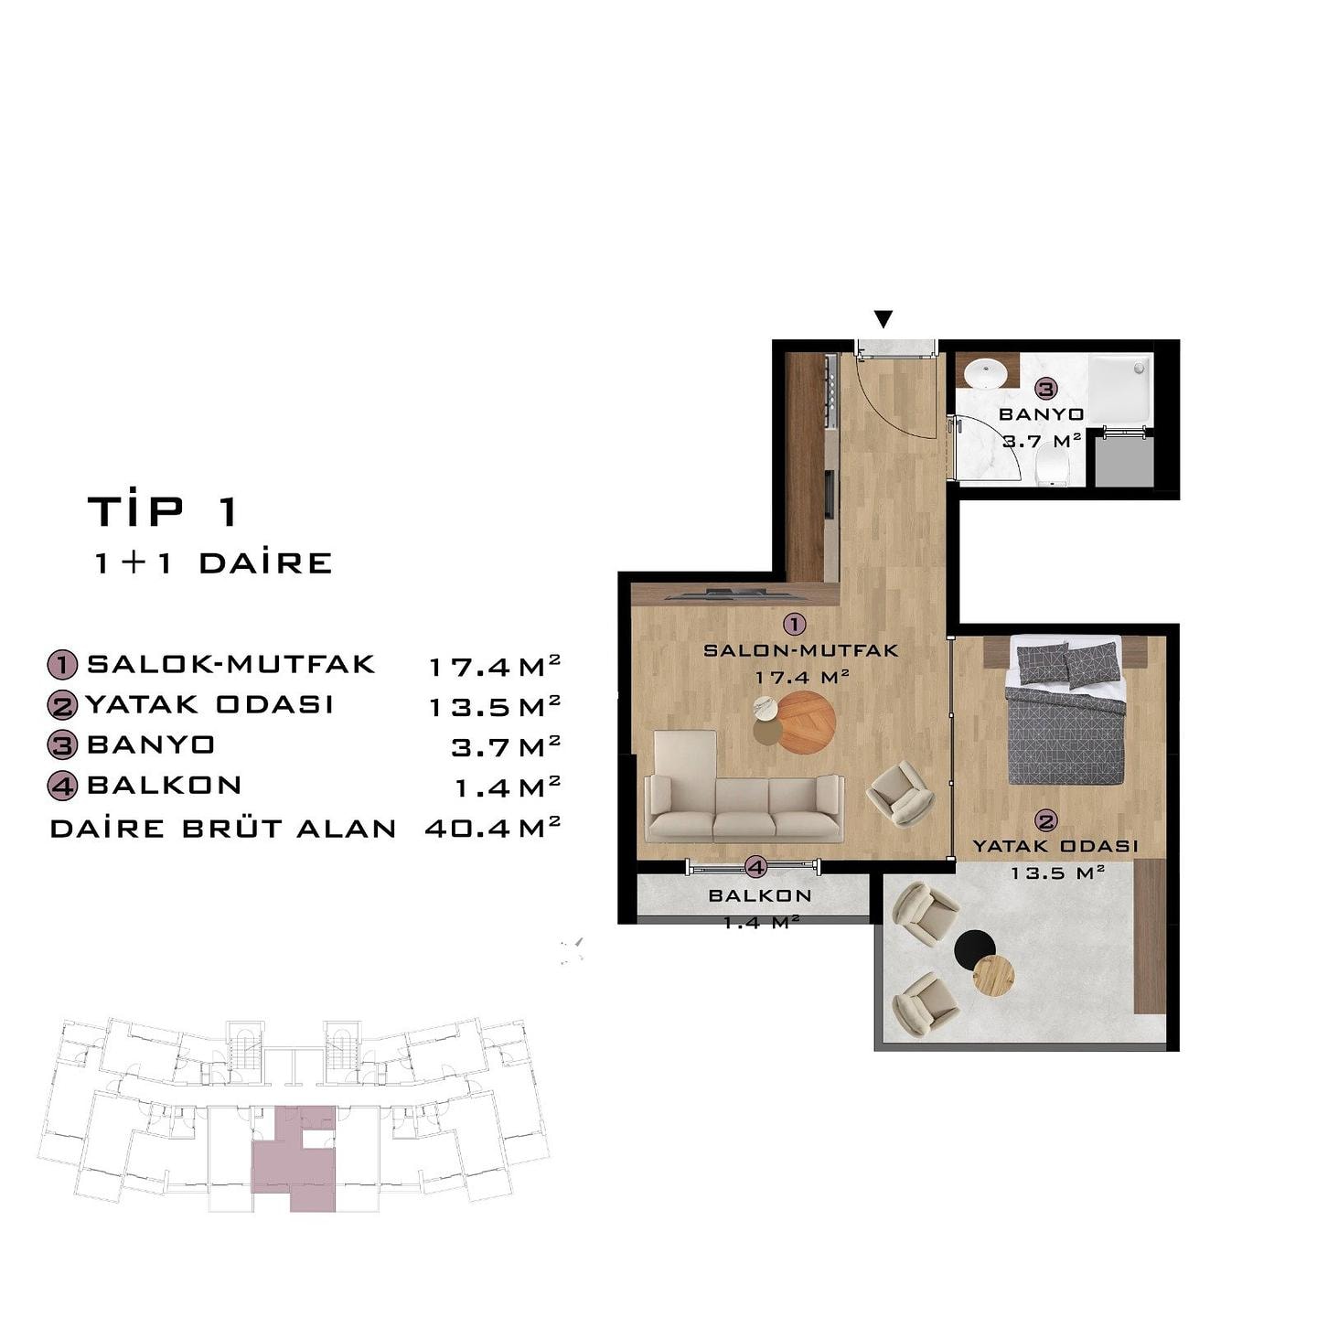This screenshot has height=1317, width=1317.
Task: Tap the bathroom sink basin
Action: click(985, 375)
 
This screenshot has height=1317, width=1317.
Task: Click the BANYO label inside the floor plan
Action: click(1041, 415)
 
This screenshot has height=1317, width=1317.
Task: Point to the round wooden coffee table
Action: click(806, 722)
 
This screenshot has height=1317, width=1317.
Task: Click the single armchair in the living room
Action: click(900, 794)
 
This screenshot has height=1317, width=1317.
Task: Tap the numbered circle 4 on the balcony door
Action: click(755, 868)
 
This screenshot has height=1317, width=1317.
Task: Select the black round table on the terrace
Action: click(975, 950)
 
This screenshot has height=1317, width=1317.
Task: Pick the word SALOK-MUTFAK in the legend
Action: click(231, 664)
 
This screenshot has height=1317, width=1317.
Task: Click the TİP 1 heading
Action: click(163, 511)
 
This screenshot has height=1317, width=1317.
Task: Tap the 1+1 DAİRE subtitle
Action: click(213, 563)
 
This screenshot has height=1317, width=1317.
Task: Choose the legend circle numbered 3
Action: click(62, 745)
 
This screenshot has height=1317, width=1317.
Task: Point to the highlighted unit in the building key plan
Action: click(295, 1156)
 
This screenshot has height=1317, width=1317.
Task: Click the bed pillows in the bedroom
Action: click(1067, 664)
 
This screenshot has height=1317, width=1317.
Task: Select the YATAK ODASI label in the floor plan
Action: click(1055, 846)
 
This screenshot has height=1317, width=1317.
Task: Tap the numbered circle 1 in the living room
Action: click(794, 624)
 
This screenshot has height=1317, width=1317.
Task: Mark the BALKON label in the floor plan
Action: click(760, 896)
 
